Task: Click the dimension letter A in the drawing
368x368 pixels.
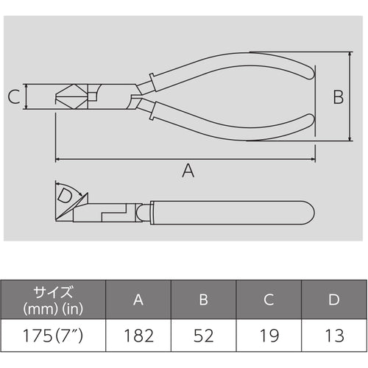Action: point(188,171)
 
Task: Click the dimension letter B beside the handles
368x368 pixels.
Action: point(337,96)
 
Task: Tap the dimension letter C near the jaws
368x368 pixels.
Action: point(13,96)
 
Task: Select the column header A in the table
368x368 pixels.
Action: point(139,300)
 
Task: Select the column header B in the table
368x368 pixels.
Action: point(205,300)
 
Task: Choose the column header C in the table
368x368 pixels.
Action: point(269,300)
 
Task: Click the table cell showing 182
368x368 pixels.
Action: point(139,336)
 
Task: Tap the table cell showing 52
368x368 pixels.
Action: point(205,336)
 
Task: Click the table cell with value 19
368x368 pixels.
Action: point(269,336)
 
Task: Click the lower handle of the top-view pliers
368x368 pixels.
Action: point(236,125)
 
